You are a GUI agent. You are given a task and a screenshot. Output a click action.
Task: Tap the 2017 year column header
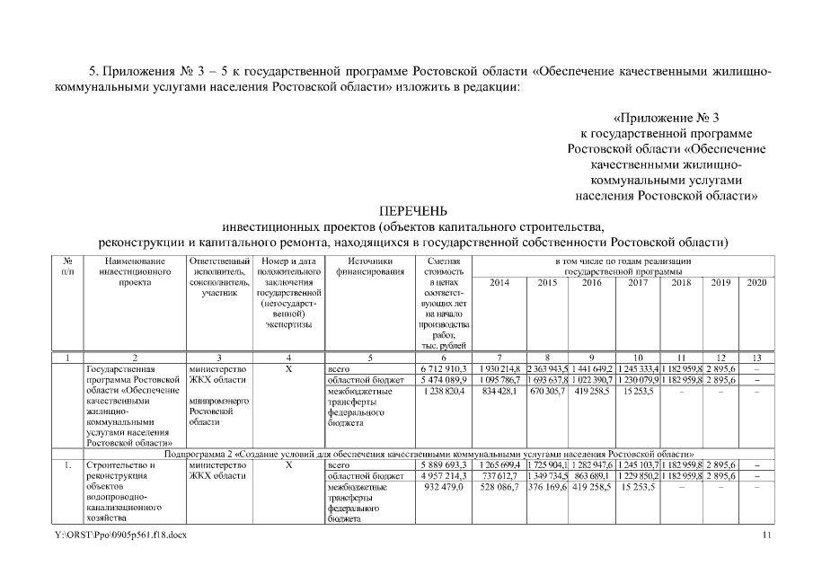(637, 282)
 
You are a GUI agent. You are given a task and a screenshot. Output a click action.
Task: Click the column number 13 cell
(758, 358)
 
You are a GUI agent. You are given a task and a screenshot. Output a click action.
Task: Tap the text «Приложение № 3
(667, 118)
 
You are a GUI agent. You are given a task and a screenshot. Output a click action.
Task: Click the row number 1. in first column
(67, 465)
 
